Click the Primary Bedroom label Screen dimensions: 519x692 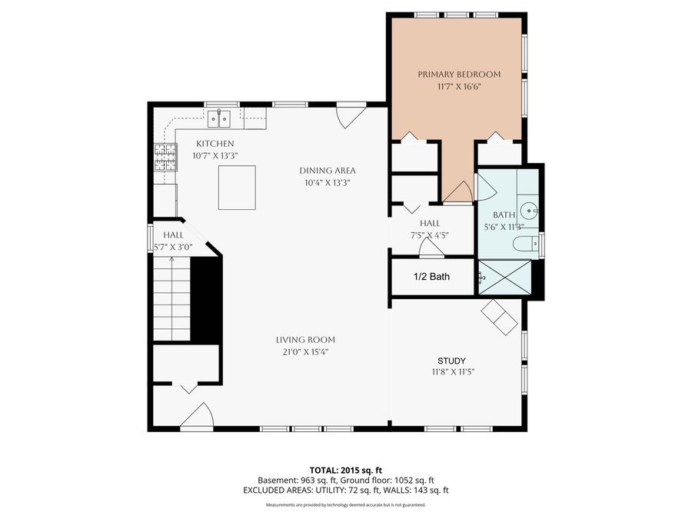click(x=459, y=75)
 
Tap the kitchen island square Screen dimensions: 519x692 click(x=237, y=188)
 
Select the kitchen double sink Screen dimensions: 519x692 click(x=221, y=118)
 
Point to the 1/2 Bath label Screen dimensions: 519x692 click(x=431, y=277)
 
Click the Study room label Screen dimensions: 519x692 click(x=451, y=361)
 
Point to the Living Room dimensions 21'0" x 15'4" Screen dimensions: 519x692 click(x=305, y=352)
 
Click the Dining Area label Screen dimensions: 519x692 click(x=328, y=171)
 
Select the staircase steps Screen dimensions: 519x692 click(x=171, y=300)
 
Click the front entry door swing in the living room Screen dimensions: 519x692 click(x=198, y=416)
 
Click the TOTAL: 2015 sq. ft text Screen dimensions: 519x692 click(x=345, y=470)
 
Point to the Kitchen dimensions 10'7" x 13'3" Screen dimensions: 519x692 click(x=215, y=155)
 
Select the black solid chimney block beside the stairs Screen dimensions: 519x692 click(x=206, y=300)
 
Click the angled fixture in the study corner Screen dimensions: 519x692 click(x=501, y=317)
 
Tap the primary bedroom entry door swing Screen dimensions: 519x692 click(x=459, y=192)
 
